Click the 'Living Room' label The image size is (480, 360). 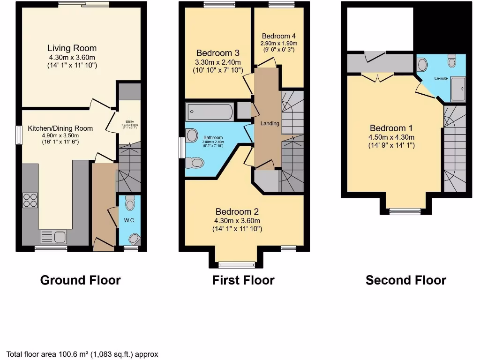(72, 48)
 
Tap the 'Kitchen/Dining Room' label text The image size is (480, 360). (60, 128)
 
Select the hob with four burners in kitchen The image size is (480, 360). (30, 200)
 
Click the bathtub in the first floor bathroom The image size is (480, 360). (210, 112)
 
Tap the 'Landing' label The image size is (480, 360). (270, 123)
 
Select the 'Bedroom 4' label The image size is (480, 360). (278, 36)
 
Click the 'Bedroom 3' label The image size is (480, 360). (217, 53)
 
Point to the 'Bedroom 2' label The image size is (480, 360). (237, 212)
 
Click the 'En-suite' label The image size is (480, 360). (440, 78)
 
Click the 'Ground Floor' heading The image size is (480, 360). (80, 280)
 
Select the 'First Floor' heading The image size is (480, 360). (243, 280)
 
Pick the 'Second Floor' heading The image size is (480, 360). (405, 280)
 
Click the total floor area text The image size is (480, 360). (82, 354)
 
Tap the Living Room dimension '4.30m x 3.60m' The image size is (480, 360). (72, 57)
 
